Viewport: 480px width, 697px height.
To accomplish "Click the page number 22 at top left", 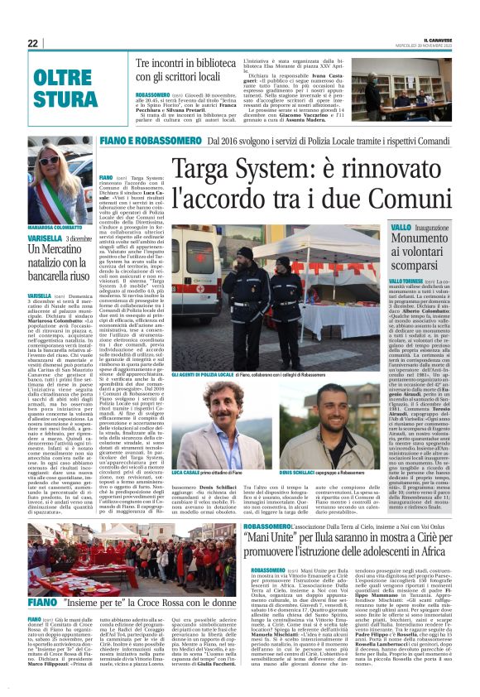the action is tap(34, 43).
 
